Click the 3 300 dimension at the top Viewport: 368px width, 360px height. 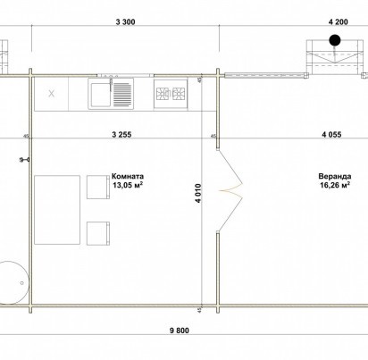[x=125, y=21]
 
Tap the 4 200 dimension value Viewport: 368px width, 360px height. [x=338, y=21]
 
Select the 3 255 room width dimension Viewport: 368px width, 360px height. [x=121, y=134]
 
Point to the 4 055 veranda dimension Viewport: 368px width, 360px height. [x=331, y=134]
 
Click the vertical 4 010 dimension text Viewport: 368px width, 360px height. [x=198, y=193]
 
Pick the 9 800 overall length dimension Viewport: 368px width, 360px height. [x=179, y=331]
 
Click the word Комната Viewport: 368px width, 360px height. [x=128, y=176]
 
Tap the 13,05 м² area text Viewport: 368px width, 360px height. [x=128, y=185]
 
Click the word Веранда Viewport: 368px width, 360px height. [x=335, y=176]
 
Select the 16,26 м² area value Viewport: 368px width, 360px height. [x=335, y=185]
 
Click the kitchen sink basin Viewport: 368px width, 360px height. [x=101, y=95]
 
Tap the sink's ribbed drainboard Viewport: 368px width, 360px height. [x=122, y=95]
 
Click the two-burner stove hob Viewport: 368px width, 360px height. [x=171, y=94]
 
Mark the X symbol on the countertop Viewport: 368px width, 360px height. [x=52, y=94]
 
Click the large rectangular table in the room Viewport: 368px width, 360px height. [x=57, y=210]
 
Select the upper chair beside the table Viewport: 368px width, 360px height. [x=98, y=187]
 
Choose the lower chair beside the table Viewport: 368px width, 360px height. [x=98, y=233]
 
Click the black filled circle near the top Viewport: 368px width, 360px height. [x=335, y=40]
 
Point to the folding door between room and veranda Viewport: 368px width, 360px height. [x=230, y=191]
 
